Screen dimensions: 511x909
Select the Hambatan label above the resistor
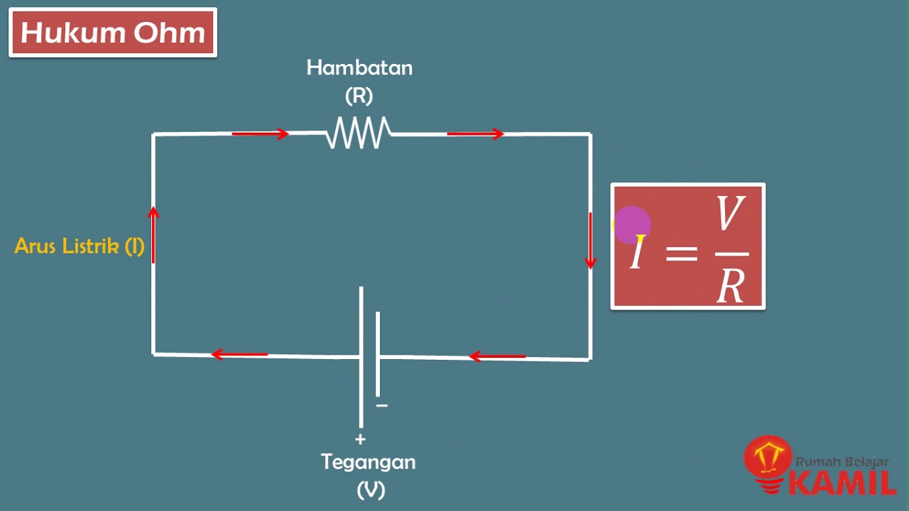359,68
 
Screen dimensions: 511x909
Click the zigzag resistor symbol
359,133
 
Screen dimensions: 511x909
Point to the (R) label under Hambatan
359,95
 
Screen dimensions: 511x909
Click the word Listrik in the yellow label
92,246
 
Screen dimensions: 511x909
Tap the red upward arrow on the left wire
153,233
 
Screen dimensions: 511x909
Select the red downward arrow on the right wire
590,241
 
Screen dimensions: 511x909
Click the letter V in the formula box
731,215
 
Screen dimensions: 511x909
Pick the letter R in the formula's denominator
730,286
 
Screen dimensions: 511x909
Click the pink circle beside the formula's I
631,224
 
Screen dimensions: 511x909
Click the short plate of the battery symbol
378,353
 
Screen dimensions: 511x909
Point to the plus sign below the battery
360,439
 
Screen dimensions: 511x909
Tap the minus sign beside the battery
382,405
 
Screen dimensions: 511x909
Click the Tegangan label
368,462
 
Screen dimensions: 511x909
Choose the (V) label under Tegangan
371,489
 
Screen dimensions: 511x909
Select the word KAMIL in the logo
842,482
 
